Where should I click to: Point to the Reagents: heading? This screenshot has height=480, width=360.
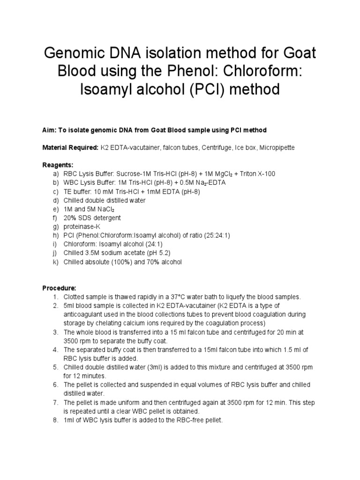click(x=58, y=165)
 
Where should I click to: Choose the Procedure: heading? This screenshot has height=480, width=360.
click(x=59, y=287)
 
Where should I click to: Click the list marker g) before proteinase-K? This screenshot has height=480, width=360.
click(x=49, y=227)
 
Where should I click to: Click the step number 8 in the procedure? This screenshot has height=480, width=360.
click(x=55, y=420)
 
